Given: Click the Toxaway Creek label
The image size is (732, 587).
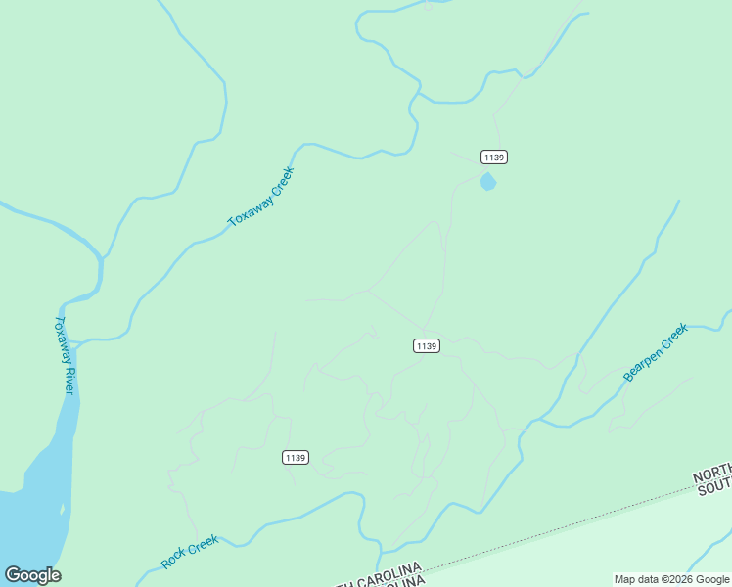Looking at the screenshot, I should [x=261, y=197].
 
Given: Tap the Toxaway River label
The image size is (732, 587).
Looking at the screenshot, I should [x=64, y=355].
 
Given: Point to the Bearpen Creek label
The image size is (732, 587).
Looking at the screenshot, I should [x=656, y=352].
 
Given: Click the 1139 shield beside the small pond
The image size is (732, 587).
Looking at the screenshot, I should [x=494, y=157].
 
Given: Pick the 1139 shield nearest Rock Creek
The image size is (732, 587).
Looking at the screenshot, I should [x=296, y=457].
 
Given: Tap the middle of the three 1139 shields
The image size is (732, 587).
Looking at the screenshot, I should [x=426, y=345].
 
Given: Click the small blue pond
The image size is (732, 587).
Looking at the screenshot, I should [x=488, y=182].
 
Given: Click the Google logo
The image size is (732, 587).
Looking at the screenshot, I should [x=32, y=574].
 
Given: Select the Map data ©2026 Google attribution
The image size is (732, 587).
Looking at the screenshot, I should [x=671, y=579].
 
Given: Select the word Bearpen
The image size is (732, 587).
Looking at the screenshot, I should [x=646, y=361].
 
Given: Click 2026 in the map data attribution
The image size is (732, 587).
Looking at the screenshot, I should [x=681, y=579].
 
